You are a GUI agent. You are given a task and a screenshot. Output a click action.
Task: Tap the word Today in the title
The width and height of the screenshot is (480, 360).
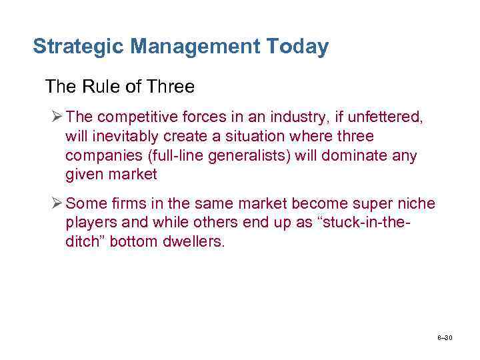point(297,47)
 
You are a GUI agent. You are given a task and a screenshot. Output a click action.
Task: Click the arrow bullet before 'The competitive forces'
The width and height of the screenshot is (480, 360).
point(57,117)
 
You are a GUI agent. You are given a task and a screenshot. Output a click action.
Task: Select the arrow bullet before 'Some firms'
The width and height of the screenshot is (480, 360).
point(57,203)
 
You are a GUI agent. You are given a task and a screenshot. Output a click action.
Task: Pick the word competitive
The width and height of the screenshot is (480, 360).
point(135,117)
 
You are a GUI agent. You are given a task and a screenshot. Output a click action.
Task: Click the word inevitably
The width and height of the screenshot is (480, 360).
point(125,136)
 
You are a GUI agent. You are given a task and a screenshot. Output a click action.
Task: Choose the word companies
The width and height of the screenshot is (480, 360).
point(99,155)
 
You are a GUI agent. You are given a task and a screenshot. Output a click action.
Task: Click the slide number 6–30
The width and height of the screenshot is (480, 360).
point(445,337)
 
